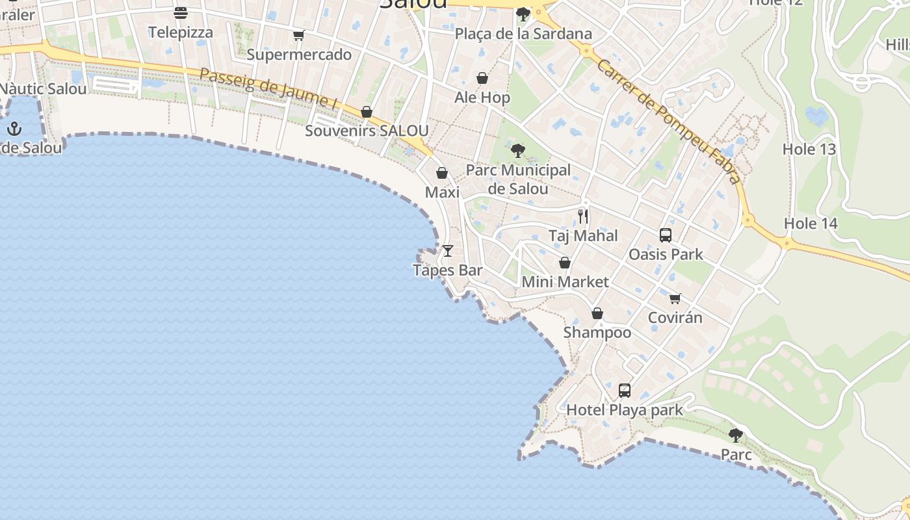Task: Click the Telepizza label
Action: click(181, 32)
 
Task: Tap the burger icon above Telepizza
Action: click(181, 13)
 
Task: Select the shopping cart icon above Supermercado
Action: click(298, 36)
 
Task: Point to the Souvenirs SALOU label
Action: click(367, 131)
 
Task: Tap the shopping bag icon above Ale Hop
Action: click(482, 79)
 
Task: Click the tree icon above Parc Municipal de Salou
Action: click(517, 151)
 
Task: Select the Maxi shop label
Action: click(442, 192)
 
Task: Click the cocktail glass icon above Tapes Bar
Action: click(448, 250)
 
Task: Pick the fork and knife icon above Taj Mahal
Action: click(583, 216)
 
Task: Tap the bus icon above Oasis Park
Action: click(666, 235)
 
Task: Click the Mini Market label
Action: click(565, 282)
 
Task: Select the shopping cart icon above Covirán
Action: click(675, 298)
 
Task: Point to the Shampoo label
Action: click(597, 332)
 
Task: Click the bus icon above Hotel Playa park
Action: click(625, 390)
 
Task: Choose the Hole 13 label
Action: click(809, 149)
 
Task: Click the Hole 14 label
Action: click(811, 224)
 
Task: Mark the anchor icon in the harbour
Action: click(14, 129)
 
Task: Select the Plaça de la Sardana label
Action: click(523, 34)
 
